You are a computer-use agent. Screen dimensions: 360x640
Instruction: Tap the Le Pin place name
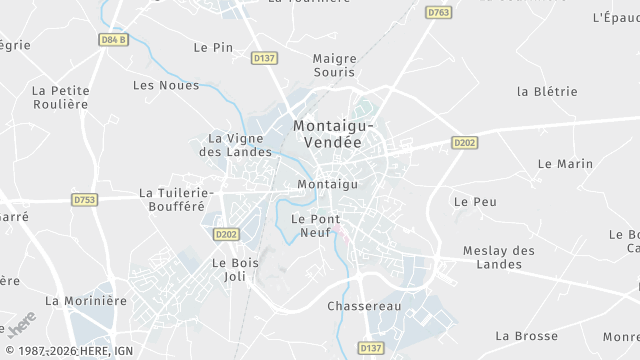[x=213, y=47]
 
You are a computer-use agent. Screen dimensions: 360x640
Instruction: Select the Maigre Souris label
[x=334, y=66]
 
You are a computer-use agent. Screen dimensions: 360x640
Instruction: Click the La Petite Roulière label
[x=61, y=97]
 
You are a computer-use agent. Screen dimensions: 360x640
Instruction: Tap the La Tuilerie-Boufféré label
[x=176, y=199]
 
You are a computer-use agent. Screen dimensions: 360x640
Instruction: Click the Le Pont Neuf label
[x=315, y=225]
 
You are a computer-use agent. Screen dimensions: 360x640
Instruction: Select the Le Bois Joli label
[x=235, y=269]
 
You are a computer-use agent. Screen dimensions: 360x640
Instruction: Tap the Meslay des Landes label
[x=499, y=257]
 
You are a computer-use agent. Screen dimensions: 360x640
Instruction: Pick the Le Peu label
[x=475, y=201]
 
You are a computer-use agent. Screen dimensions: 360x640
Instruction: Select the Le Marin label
[x=565, y=163]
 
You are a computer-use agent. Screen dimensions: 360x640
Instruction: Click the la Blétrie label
[x=547, y=91]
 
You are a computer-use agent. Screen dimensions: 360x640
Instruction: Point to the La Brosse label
[x=526, y=336]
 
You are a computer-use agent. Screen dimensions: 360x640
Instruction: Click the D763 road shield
[x=438, y=13]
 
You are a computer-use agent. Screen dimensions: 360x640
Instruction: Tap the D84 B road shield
[x=114, y=40]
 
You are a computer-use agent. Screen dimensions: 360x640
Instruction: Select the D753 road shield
[x=85, y=200]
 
